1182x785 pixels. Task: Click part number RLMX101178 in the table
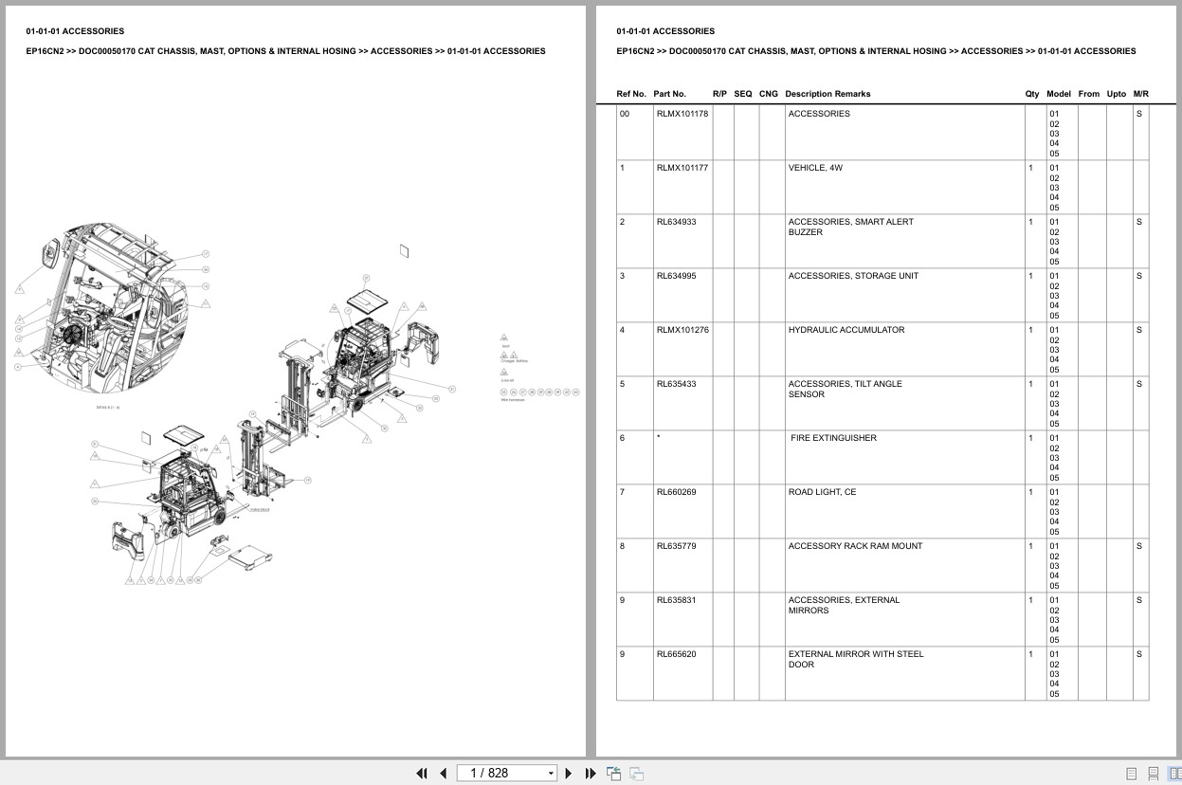pyautogui.click(x=682, y=114)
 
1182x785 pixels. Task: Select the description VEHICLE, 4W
pyautogui.click(x=815, y=168)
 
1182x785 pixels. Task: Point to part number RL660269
pyautogui.click(x=676, y=492)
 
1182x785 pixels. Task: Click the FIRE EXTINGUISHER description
pyautogui.click(x=833, y=438)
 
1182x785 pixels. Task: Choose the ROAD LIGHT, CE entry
pyautogui.click(x=822, y=492)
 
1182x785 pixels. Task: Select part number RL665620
pyautogui.click(x=676, y=654)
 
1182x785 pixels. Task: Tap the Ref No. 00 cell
pyautogui.click(x=624, y=114)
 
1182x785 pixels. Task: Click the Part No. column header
pyautogui.click(x=669, y=94)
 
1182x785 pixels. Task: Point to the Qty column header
pyautogui.click(x=1031, y=94)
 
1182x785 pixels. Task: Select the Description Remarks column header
pyautogui.click(x=827, y=94)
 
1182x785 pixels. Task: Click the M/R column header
pyautogui.click(x=1140, y=94)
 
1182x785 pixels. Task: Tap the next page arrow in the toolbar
pyautogui.click(x=569, y=773)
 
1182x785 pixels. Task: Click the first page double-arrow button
pyautogui.click(x=421, y=773)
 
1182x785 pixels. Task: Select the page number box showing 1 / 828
pyautogui.click(x=506, y=773)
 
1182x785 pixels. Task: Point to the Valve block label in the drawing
pyautogui.click(x=260, y=509)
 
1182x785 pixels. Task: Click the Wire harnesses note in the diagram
pyautogui.click(x=512, y=399)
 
